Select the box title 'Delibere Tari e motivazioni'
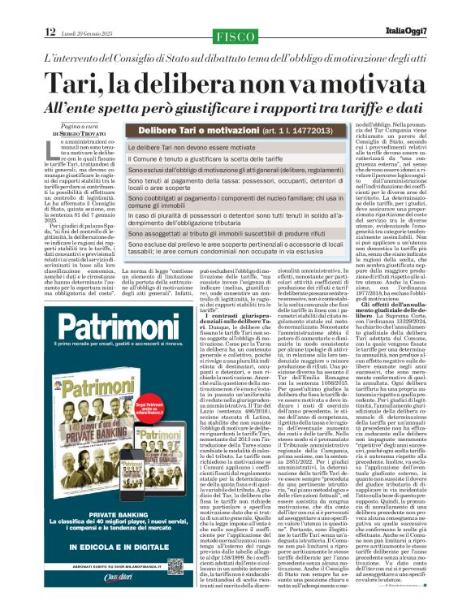[204, 130]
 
